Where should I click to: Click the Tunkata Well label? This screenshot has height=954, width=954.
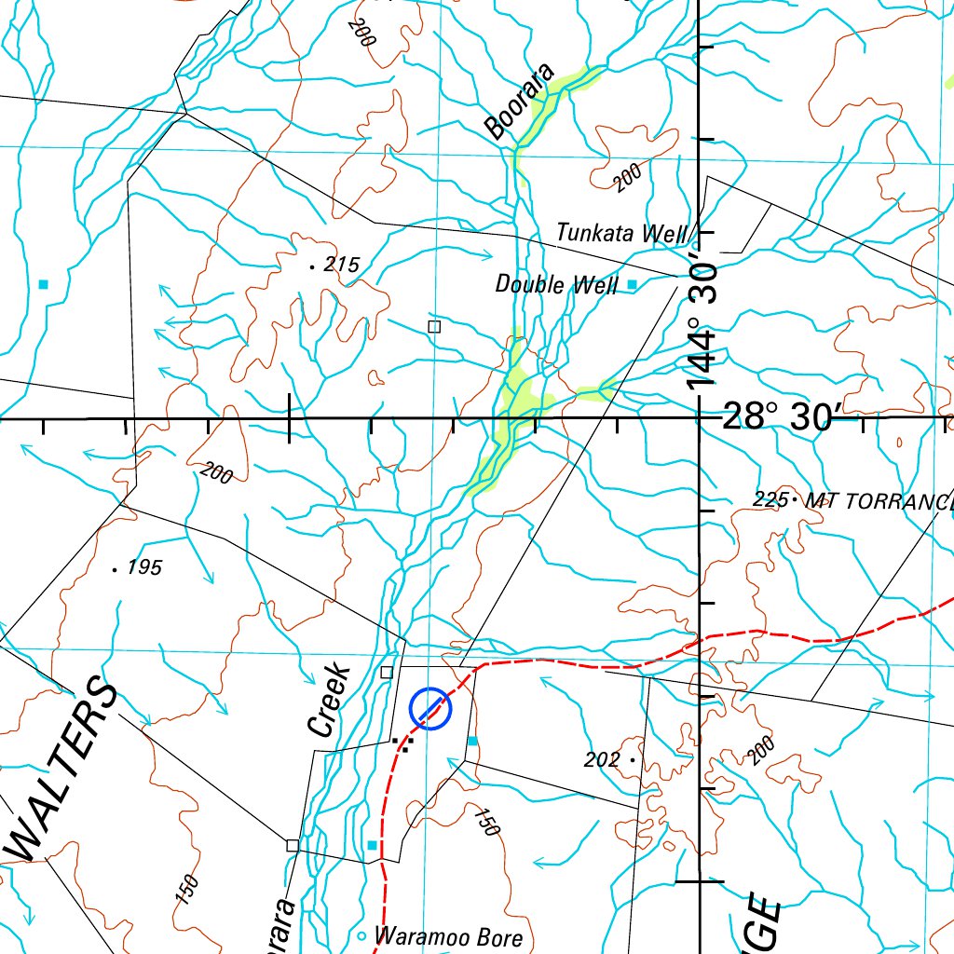pyautogui.click(x=621, y=233)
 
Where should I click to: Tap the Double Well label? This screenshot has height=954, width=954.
pyautogui.click(x=556, y=284)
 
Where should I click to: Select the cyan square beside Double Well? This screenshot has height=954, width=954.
pyautogui.click(x=632, y=283)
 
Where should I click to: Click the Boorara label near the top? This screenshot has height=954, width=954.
pyautogui.click(x=519, y=102)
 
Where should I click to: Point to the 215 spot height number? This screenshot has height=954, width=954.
pyautogui.click(x=341, y=265)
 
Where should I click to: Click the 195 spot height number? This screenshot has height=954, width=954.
pyautogui.click(x=144, y=567)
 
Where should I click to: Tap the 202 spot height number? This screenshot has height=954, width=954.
pyautogui.click(x=602, y=760)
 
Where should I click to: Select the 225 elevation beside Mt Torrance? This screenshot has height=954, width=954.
pyautogui.click(x=769, y=500)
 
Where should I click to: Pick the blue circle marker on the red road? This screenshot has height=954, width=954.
pyautogui.click(x=429, y=709)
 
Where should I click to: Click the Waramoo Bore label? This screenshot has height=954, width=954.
pyautogui.click(x=448, y=936)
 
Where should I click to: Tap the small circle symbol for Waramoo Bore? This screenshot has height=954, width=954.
pyautogui.click(x=362, y=935)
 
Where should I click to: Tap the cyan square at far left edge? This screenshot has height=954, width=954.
pyautogui.click(x=42, y=282)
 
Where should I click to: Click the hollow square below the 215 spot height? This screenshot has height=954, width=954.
pyautogui.click(x=433, y=326)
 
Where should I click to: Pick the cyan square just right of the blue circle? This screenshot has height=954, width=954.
pyautogui.click(x=472, y=741)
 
